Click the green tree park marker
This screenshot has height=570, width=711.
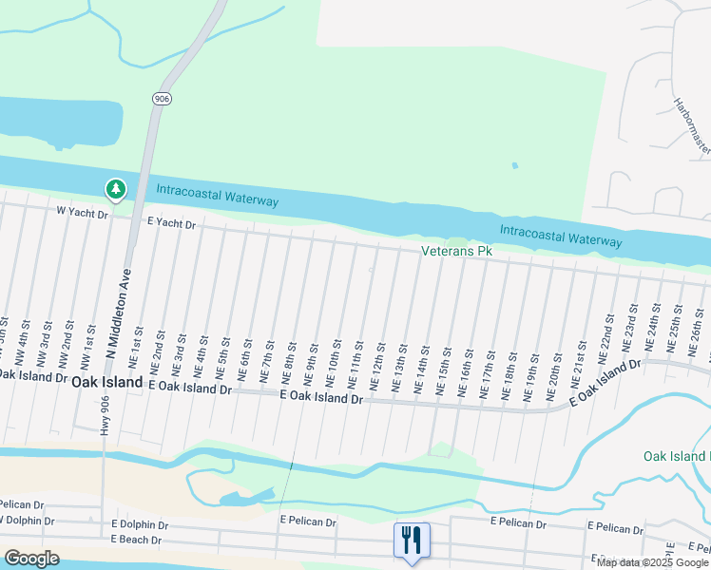click(x=116, y=190)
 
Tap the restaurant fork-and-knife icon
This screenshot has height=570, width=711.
click(x=412, y=541)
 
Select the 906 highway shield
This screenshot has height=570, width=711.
click(x=160, y=98)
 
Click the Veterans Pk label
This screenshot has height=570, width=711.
click(x=457, y=252)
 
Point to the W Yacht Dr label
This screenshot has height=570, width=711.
click(x=83, y=213)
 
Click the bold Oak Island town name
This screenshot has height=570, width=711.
click(x=106, y=381)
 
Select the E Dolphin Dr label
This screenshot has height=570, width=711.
click(x=140, y=524)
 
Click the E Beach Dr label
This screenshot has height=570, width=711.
click(x=136, y=540)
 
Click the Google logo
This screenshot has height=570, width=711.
click(x=31, y=559)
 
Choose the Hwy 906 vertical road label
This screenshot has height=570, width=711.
click(x=104, y=414)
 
